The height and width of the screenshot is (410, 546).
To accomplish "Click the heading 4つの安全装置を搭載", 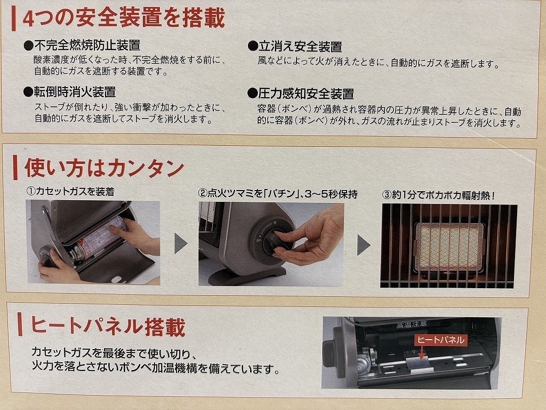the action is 124,18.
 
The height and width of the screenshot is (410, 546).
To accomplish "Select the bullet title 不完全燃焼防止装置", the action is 87,45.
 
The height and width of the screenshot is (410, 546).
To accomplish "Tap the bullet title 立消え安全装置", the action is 300,46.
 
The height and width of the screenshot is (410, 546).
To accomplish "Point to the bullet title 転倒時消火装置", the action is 75,92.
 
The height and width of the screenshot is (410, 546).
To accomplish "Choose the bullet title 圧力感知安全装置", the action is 306,93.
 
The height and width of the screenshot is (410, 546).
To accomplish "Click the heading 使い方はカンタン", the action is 104,168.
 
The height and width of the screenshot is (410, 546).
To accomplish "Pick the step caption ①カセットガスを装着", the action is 70,192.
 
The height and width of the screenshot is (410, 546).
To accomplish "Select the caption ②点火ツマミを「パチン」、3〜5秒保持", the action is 277,193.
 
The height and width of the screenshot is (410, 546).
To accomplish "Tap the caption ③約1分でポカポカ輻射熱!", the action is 438,195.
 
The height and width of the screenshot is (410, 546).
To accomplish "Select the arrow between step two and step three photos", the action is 363,245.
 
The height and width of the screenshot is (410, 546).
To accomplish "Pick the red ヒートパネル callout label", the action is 440,340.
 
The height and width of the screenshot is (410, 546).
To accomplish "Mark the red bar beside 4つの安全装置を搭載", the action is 13,19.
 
